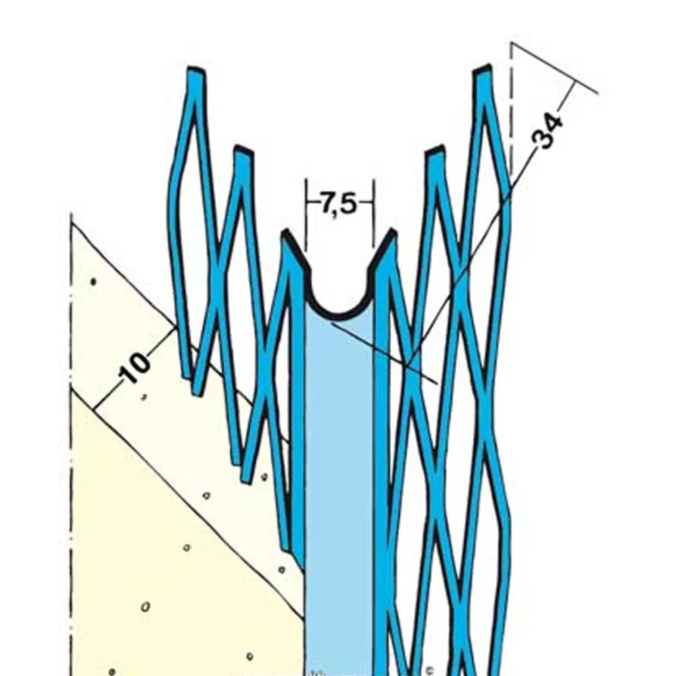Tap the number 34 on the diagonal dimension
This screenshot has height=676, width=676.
[x=548, y=131]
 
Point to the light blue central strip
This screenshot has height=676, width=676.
[x=338, y=473]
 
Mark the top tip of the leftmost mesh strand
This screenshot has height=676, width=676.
[x=196, y=70]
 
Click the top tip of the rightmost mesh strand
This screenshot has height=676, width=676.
[x=482, y=69]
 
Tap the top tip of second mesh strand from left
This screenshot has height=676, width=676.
[x=243, y=150]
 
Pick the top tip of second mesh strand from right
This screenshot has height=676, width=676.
[x=435, y=150]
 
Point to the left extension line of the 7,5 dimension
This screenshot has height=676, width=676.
[x=306, y=216]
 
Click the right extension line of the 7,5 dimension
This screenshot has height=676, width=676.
[x=373, y=216]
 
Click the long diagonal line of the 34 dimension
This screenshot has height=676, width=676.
[x=473, y=257]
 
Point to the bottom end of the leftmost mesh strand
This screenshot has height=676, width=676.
[x=187, y=375]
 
